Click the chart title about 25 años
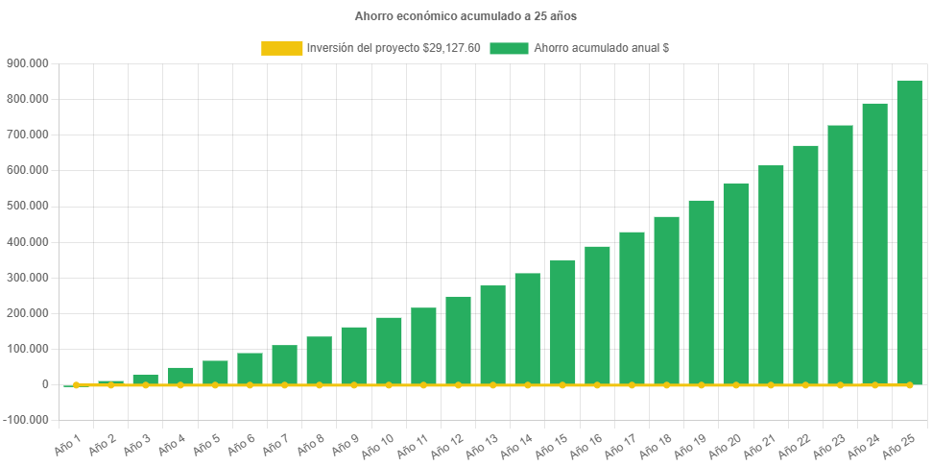pos(466,16)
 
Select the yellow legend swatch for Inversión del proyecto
pos(281,48)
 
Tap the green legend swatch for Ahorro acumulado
pos(509,48)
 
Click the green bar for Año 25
pos(909,231)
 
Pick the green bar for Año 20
pos(735,283)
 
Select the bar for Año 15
pos(562,322)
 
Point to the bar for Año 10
pos(389,350)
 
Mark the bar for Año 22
pos(805,264)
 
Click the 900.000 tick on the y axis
pos(28,63)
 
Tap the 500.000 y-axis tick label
pos(28,207)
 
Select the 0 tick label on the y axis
pos(45,384)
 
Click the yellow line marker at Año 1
pos(76,385)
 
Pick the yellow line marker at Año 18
pos(666,385)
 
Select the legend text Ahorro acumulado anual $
pos(601,48)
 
